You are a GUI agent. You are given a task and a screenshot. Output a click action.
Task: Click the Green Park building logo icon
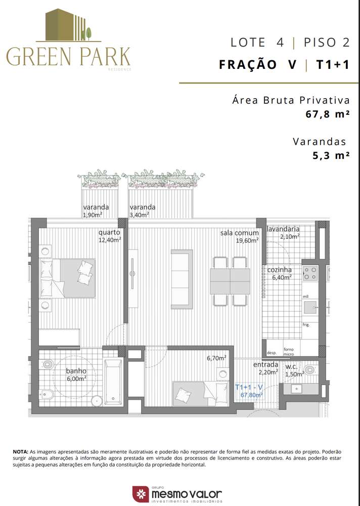pos(68,25)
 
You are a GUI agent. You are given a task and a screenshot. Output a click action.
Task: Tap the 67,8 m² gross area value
pos(328,114)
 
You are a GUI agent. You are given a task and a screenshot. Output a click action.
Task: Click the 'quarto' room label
pos(109,233)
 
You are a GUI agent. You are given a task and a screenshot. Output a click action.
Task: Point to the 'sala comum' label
pos(239,233)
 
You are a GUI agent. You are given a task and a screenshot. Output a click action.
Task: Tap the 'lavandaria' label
pos(283,229)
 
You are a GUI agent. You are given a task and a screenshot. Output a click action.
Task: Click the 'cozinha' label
pos(276,270)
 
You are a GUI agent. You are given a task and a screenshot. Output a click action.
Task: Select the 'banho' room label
pos(76,371)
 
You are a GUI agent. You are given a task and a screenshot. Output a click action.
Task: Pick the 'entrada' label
pos(265,364)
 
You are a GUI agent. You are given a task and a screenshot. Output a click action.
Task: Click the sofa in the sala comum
pos(182,278)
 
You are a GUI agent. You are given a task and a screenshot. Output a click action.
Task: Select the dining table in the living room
pos(230,281)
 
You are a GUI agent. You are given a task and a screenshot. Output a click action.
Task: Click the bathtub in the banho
pos(112,382)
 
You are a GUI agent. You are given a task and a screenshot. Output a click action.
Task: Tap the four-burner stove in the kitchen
pos(310,274)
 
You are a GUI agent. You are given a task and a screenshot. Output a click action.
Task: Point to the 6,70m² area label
pos(216,358)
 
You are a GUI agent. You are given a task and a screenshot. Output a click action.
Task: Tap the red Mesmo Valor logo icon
pos(140,494)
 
